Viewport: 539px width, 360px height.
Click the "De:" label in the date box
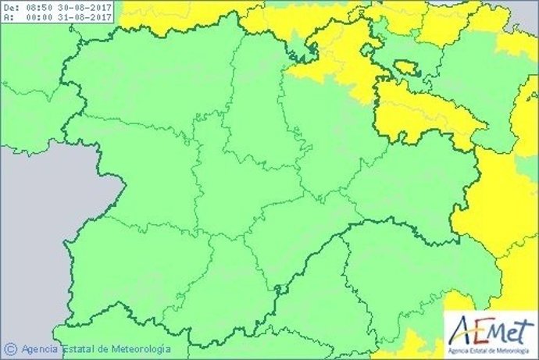[x=11, y=7]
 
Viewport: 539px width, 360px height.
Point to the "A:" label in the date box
[x=9, y=16]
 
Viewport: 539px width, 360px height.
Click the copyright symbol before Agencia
[x=11, y=349]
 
